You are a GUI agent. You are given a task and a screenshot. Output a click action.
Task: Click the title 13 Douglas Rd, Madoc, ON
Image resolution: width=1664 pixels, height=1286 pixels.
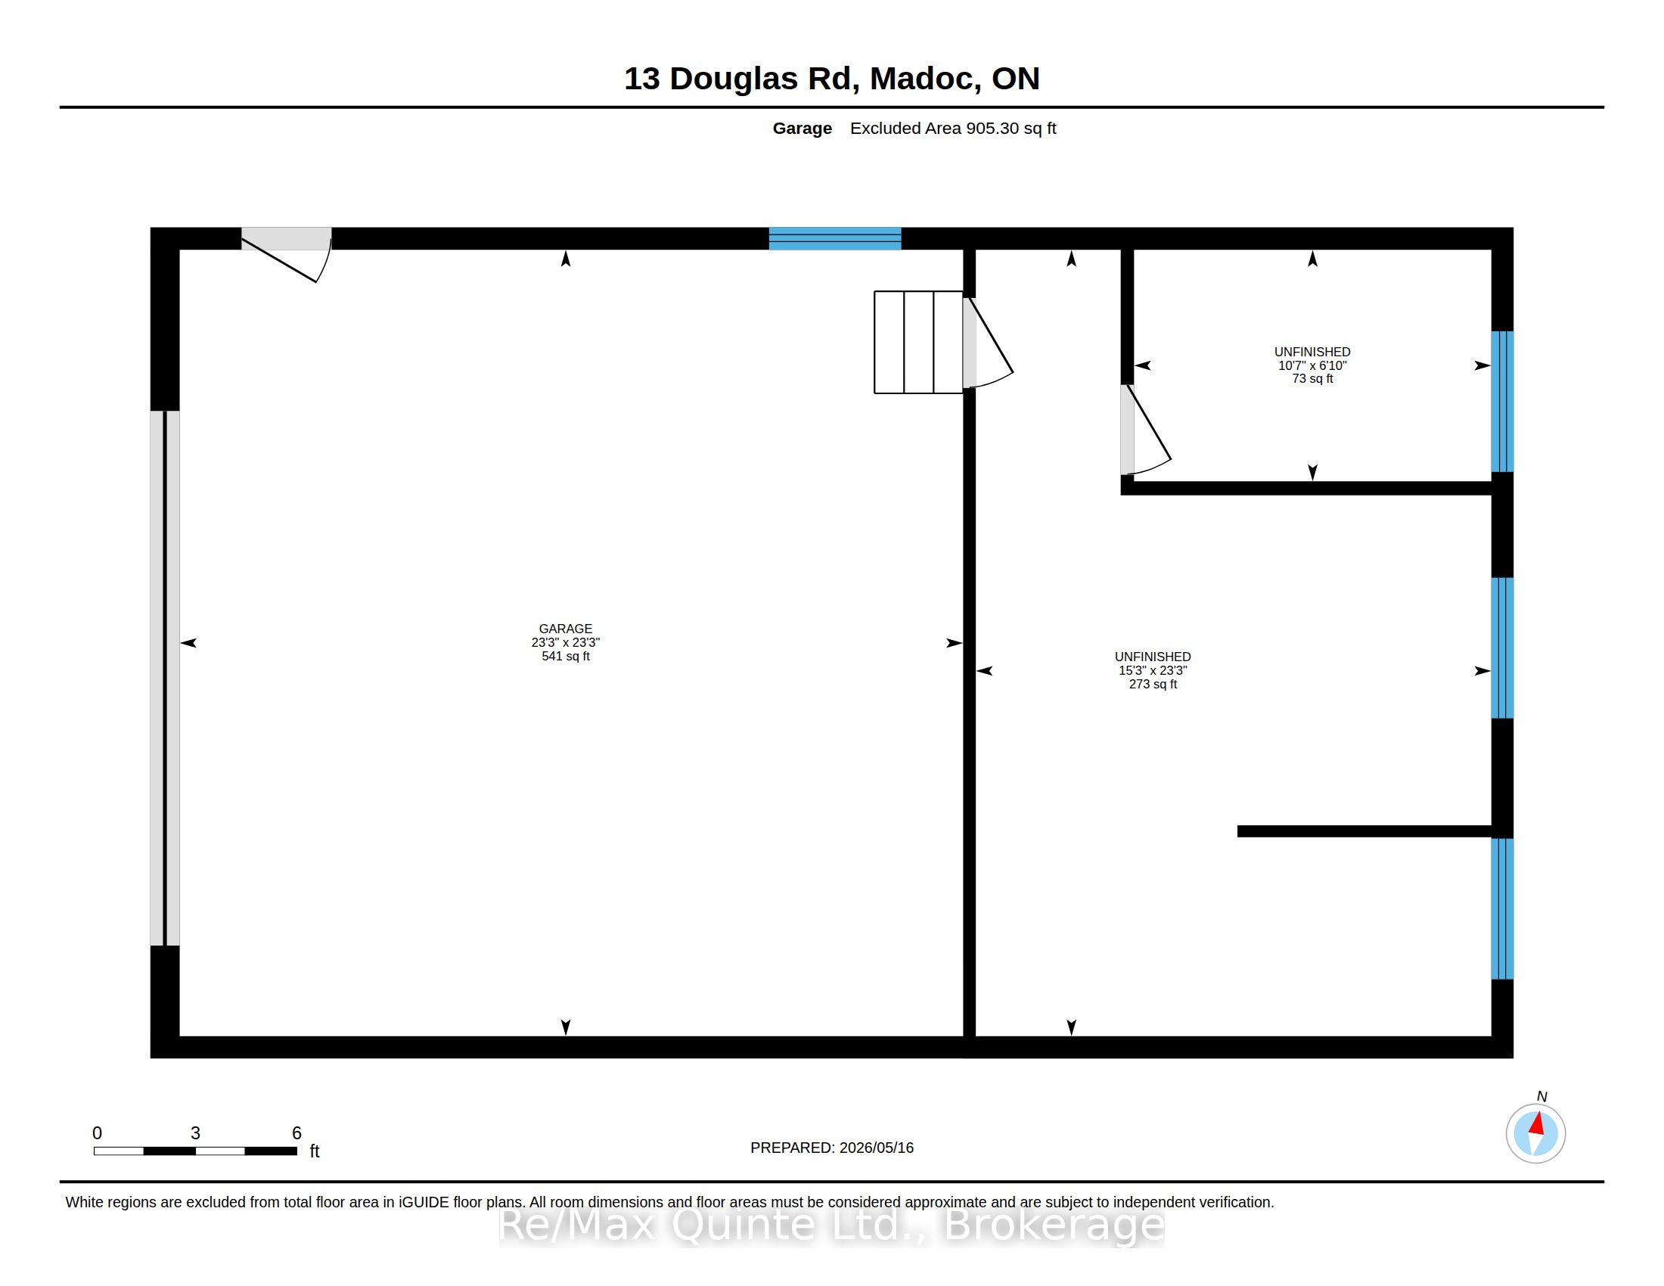831,79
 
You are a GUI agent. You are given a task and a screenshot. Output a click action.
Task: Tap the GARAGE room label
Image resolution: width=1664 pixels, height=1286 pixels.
565,629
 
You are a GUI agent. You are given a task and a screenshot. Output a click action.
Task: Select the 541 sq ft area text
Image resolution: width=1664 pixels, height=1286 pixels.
565,656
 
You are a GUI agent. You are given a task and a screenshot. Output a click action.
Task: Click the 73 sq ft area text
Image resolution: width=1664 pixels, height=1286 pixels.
1312,379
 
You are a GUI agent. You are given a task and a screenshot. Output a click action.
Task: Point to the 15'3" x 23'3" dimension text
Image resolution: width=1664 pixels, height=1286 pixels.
1152,670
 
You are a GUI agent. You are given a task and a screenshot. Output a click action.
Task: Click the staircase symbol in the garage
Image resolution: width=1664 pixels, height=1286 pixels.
918,342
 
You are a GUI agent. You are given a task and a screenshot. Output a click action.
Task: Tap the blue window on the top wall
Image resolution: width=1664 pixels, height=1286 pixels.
835,238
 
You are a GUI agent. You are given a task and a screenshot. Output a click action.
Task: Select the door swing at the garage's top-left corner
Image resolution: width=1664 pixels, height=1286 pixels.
287,254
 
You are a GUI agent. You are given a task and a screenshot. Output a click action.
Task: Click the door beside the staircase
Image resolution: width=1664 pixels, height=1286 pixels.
987,343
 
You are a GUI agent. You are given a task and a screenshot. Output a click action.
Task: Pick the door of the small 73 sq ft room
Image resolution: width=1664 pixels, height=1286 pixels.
1145,430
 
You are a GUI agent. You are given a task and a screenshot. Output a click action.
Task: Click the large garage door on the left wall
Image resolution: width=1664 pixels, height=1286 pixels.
165,678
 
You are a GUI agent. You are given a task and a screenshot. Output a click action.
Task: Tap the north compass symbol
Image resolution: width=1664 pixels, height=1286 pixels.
1535,1133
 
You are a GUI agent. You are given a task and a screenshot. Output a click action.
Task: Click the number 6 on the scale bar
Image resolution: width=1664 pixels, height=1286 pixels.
297,1133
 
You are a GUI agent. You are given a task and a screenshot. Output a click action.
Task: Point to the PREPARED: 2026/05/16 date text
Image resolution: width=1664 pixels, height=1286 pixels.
832,1148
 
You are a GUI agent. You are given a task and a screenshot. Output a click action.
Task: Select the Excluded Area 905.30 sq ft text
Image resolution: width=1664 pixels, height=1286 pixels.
953,128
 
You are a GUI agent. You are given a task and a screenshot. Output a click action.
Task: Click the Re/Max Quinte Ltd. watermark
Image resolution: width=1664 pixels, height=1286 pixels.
831,1225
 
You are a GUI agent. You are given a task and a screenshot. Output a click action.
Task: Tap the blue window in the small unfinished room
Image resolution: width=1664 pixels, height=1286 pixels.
1501,402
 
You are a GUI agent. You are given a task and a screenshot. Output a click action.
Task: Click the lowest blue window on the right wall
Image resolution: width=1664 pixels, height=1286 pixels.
1501,908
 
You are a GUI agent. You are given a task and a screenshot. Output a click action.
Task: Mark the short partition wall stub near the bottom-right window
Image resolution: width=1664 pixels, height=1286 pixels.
1364,831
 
